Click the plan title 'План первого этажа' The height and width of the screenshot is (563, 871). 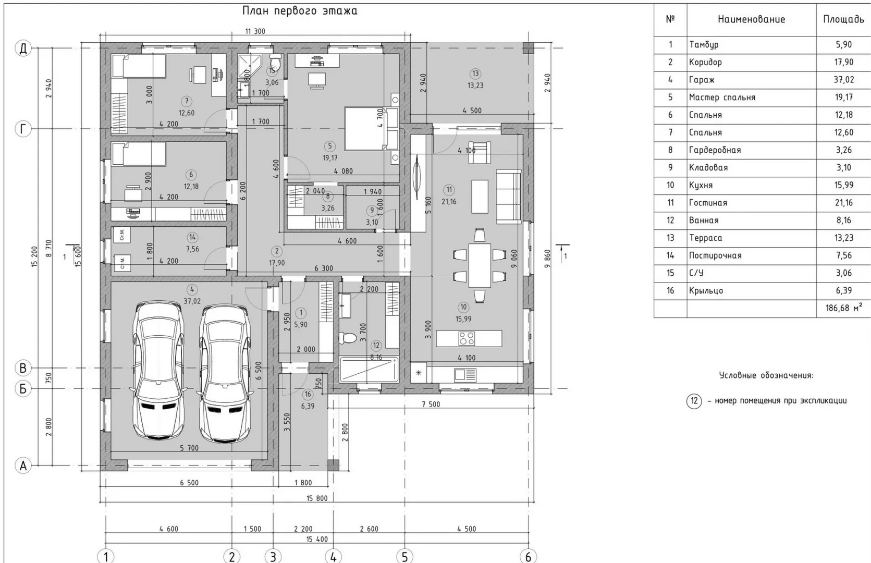tap(300, 11)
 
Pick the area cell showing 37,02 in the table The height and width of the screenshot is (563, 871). tap(843, 80)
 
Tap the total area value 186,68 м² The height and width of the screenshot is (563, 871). tap(843, 308)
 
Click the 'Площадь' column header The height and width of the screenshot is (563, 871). tap(843, 19)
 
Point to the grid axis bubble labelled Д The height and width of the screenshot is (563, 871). tap(23, 48)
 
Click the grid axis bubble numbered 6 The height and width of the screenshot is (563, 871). tap(528, 556)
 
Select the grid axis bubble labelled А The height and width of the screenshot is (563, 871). tap(23, 466)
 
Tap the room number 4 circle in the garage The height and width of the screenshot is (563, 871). tap(192, 289)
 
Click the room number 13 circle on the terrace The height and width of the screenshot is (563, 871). tap(475, 74)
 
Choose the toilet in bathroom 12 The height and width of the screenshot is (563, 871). tap(347, 337)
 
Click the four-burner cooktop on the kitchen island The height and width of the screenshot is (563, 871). tap(467, 338)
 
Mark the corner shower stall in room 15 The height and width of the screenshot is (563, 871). tap(249, 66)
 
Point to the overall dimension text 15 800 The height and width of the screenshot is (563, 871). tap(317, 498)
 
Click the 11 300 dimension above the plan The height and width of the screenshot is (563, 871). tap(255, 31)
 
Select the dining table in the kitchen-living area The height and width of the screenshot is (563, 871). tap(480, 265)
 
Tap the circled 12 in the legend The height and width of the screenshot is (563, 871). tap(694, 401)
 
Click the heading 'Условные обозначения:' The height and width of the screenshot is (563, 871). tap(766, 375)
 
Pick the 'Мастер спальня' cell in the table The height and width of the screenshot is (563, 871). tap(722, 97)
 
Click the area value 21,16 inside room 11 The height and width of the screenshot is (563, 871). tap(449, 202)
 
